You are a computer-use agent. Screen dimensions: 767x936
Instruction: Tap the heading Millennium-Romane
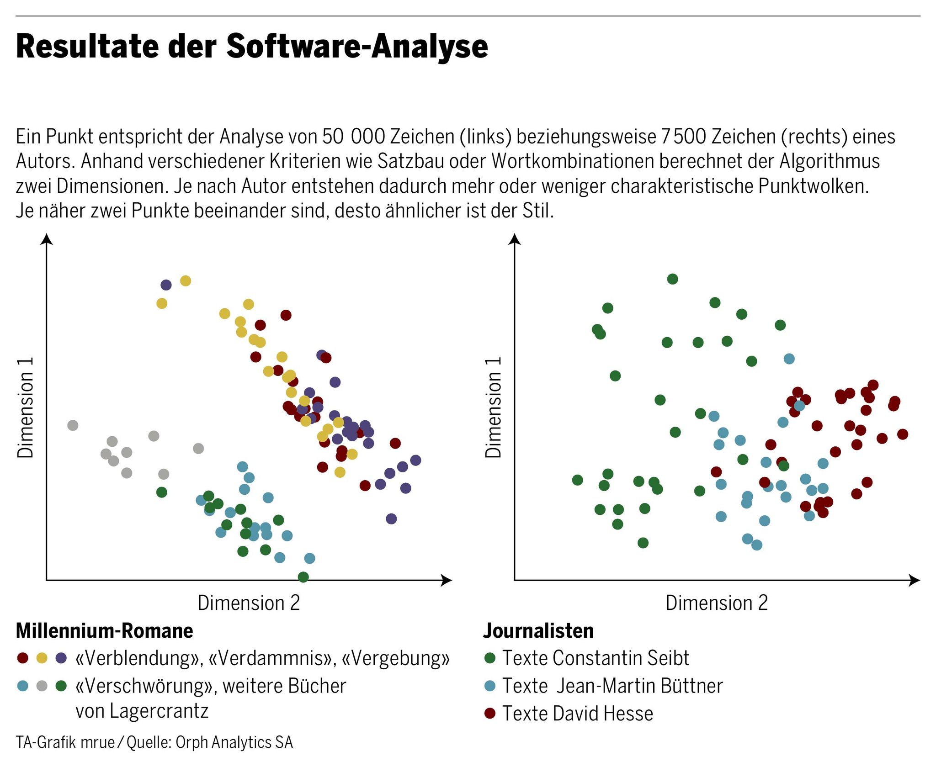[x=104, y=631]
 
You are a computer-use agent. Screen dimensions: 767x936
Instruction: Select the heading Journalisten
[x=538, y=631]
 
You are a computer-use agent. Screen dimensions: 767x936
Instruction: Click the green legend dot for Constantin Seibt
[x=490, y=658]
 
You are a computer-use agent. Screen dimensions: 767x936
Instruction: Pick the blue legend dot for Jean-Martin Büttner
[x=490, y=686]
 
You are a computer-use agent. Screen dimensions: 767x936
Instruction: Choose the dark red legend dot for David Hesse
[x=490, y=713]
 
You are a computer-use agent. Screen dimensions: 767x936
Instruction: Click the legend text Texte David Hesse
[x=578, y=714]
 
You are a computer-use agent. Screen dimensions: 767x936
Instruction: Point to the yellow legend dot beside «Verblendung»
[x=42, y=658]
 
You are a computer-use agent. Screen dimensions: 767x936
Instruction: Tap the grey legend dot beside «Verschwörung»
[x=42, y=686]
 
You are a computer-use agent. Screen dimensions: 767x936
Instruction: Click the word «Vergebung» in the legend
[x=396, y=658]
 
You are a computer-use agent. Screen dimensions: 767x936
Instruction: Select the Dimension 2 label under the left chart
[x=249, y=603]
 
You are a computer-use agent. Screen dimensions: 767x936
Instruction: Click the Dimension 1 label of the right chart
[x=493, y=407]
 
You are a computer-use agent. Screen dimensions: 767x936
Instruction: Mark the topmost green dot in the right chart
[x=672, y=279]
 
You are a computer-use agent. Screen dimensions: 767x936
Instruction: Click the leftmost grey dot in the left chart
[x=73, y=425]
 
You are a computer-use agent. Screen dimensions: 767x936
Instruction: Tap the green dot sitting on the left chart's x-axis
[x=303, y=577]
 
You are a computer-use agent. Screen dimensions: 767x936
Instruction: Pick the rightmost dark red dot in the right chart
[x=902, y=434]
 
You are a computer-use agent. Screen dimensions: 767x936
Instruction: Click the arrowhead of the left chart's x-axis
[x=447, y=580]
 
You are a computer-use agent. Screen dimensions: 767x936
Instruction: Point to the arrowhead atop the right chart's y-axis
[x=515, y=239]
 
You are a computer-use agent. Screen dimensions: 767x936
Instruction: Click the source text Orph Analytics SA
[x=234, y=742]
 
